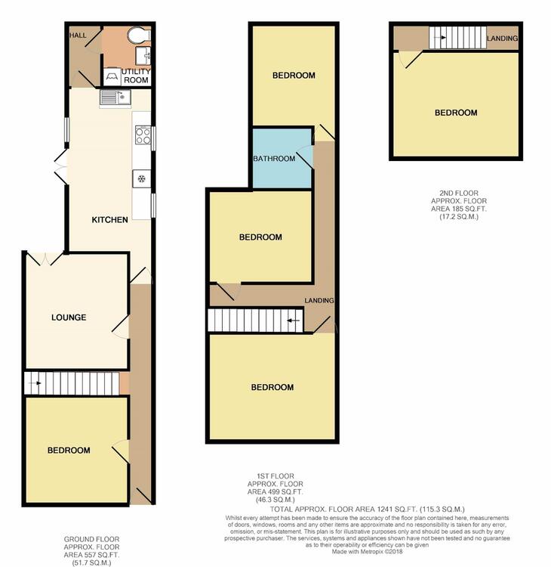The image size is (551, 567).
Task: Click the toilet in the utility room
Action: tap(139, 35)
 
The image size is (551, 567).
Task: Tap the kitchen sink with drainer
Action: tap(115, 98)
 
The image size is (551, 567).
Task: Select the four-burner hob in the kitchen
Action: tap(143, 135)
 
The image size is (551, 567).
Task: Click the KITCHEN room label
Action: tap(109, 219)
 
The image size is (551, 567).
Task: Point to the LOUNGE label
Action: tap(69, 318)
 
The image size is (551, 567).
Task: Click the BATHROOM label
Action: tap(274, 159)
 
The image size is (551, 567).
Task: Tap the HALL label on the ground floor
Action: tap(78, 35)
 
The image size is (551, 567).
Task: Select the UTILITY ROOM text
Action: tap(136, 76)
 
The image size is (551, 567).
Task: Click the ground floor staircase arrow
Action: tap(35, 383)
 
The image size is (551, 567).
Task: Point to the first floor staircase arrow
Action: tap(294, 321)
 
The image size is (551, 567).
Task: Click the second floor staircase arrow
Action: tap(439, 37)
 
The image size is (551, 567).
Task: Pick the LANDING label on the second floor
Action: tap(502, 38)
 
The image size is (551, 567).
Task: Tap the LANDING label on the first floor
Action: tap(319, 300)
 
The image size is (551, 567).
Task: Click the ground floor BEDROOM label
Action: tap(69, 451)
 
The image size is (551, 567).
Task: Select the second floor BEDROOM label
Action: tap(456, 113)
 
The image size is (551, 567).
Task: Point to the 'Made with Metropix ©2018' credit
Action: tap(367, 552)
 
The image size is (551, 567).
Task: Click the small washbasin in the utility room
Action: tap(143, 56)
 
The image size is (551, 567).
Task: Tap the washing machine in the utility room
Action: tap(112, 76)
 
